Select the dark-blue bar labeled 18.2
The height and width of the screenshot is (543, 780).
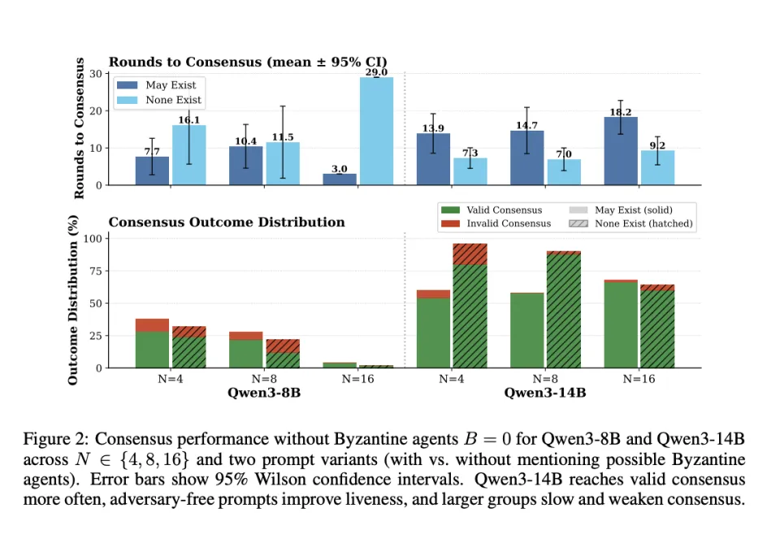coord(621,151)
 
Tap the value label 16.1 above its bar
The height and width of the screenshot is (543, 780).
coord(189,120)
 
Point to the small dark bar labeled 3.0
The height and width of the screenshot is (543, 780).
coord(340,179)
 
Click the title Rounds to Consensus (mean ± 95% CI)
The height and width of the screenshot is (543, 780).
coord(248,62)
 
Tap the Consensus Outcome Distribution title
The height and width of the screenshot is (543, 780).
coord(227,222)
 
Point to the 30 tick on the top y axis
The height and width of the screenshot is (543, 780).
coord(96,74)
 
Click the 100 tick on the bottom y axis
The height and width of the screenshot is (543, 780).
coord(92,239)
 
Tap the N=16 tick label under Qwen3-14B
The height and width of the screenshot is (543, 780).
coord(639,379)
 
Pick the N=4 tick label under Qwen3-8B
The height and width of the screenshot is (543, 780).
coord(171,379)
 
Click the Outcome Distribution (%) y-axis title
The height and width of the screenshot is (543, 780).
coord(73,300)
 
